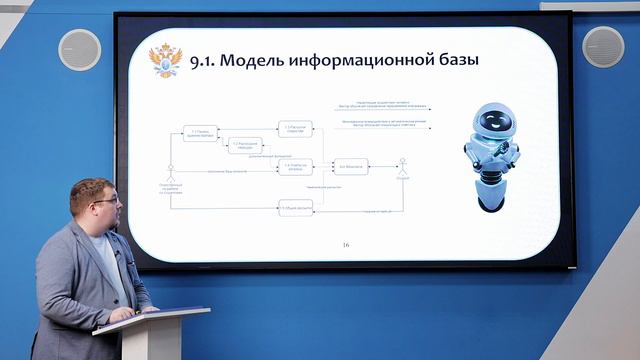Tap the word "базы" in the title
coord(452,61)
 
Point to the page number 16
coord(346,244)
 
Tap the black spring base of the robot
coord(491,192)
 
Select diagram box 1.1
coord(200,132)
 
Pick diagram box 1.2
coord(244,145)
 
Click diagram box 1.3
coord(295,129)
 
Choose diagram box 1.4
coord(295,166)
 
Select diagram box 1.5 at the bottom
coord(295,207)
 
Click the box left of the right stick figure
coord(351,166)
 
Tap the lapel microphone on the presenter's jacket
coord(117,256)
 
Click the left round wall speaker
coord(78,48)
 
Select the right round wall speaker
coord(603,45)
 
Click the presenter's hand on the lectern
coord(124,314)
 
